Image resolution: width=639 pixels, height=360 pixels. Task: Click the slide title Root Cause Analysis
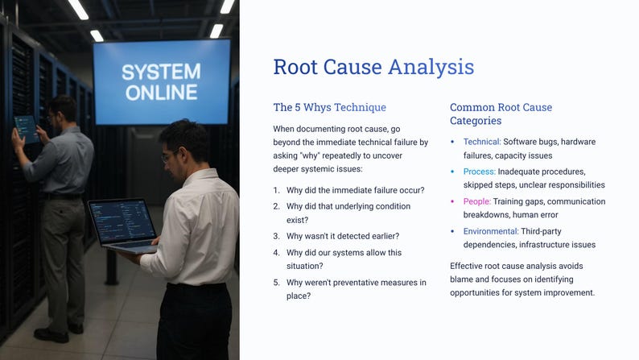[x=373, y=67]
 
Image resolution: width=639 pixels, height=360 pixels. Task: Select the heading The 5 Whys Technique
[x=329, y=107]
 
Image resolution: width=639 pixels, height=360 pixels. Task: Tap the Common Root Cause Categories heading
[x=501, y=114]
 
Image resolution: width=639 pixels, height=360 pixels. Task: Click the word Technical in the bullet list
[x=481, y=142]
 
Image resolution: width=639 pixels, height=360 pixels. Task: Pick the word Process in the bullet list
[x=479, y=172]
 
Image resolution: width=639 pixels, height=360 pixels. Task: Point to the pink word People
[x=476, y=201]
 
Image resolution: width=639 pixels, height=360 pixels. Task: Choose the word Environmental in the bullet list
[x=490, y=231]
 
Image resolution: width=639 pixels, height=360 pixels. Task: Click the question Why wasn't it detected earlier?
[x=343, y=236]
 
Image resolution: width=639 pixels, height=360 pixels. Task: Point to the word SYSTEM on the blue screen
[x=161, y=72]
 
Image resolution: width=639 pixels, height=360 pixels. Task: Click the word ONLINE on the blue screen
[x=161, y=92]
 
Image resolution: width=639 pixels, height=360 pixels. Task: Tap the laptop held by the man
[x=123, y=225]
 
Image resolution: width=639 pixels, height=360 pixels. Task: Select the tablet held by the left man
[x=25, y=126]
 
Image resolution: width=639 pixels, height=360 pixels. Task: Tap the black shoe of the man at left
[x=50, y=334]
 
